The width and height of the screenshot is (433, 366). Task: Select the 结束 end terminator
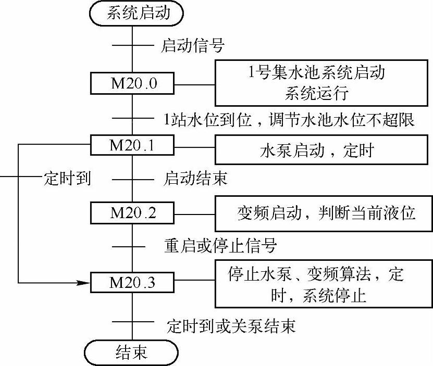click(132, 353)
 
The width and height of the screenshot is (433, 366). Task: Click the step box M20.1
click(132, 145)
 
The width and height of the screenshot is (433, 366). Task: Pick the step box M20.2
click(132, 212)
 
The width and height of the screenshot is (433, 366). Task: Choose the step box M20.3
click(132, 283)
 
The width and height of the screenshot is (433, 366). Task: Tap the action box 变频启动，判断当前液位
click(323, 213)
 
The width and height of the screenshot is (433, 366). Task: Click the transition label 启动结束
click(195, 179)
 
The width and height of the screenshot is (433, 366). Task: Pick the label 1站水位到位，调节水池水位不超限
click(289, 120)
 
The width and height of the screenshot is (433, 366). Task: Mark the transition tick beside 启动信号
click(132, 46)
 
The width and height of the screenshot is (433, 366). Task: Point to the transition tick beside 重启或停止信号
click(132, 245)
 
